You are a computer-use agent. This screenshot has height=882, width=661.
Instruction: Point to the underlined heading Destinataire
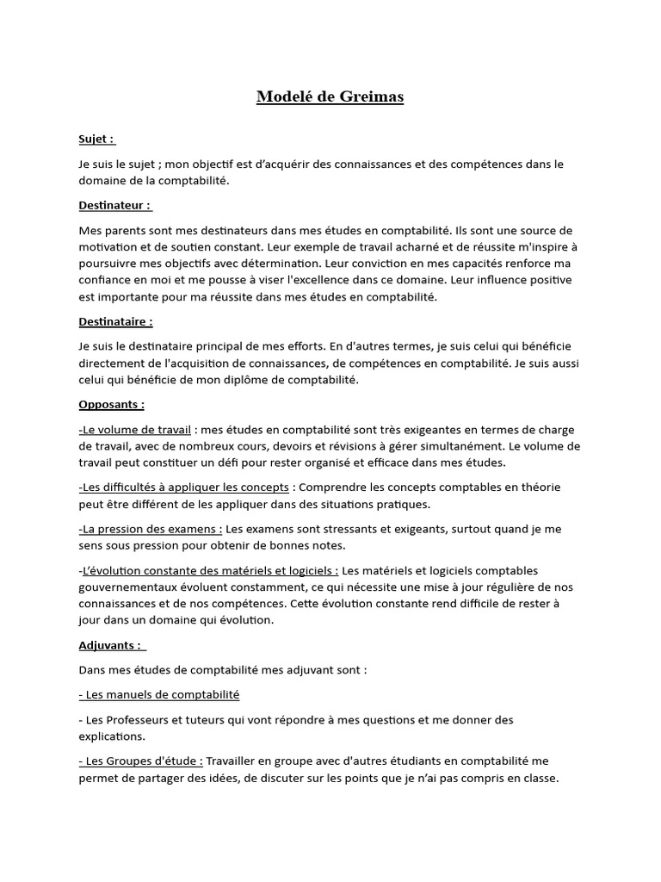[x=114, y=321]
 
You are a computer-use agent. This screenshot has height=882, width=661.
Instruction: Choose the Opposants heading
[x=111, y=404]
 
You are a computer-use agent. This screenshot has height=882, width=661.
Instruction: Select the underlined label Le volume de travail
[x=136, y=430]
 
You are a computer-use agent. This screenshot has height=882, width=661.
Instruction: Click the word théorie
[x=539, y=488]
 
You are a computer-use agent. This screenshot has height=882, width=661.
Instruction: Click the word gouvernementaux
[x=132, y=587]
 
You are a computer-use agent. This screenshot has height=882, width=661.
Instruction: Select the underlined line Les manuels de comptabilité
[x=159, y=694]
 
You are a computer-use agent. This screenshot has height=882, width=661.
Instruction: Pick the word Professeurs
[x=139, y=719]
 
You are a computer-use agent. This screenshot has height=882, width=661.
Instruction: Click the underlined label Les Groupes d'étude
[x=141, y=761]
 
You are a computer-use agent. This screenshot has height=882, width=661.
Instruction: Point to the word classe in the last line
[x=541, y=777]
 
